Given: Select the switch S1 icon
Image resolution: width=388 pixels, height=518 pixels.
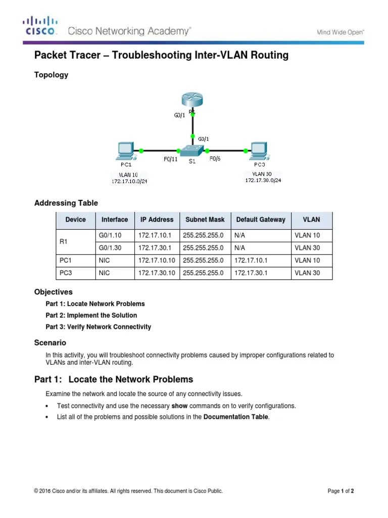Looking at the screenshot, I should click(x=192, y=150).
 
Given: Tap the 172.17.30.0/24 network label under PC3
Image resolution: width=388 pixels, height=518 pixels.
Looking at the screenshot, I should click(x=263, y=180).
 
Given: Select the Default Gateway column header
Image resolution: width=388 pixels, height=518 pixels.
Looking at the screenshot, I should click(x=260, y=220).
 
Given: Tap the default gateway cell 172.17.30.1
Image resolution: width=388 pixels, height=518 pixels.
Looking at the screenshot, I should click(x=251, y=273).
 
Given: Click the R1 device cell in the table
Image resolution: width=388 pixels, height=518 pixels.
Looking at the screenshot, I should click(x=64, y=242).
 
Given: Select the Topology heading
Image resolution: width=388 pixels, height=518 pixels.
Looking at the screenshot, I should click(x=51, y=75).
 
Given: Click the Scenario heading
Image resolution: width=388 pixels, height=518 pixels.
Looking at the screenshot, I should click(x=50, y=343).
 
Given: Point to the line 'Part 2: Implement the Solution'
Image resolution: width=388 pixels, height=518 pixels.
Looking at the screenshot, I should click(x=94, y=315).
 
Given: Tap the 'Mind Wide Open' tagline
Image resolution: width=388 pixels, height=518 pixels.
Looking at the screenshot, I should click(x=340, y=32).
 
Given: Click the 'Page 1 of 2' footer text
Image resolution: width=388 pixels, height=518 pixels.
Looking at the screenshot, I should click(x=341, y=491).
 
